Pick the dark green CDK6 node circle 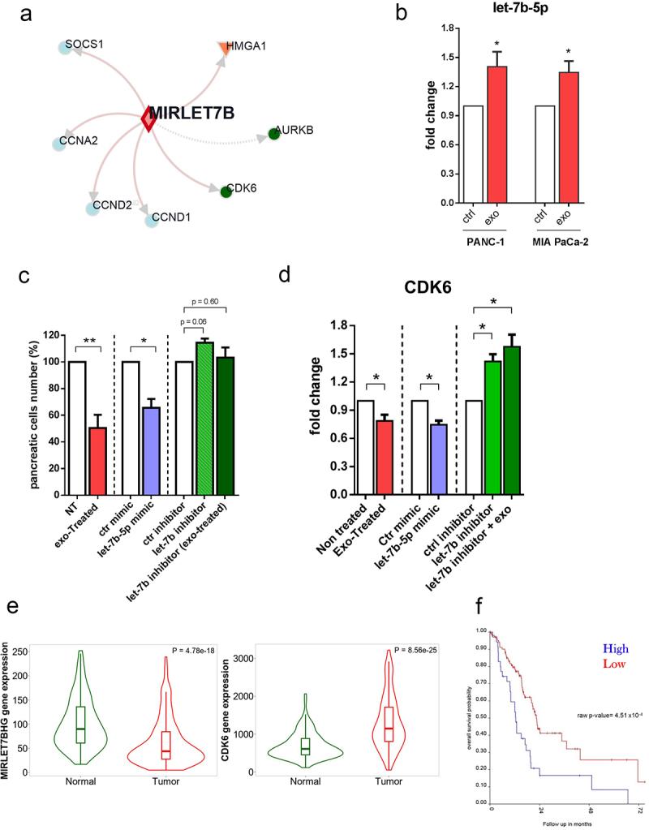pyautogui.click(x=226, y=191)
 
